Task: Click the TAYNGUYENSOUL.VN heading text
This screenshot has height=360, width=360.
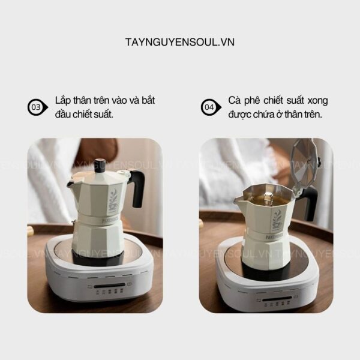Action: point(180,42)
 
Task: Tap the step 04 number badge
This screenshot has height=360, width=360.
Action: point(211,107)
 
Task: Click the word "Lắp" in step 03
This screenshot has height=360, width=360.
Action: point(62,101)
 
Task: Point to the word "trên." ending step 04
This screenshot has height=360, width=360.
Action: point(314,115)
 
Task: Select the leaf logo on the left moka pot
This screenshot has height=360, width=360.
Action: point(113,199)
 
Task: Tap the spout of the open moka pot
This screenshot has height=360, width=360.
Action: point(238,201)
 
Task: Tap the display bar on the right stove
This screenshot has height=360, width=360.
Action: point(277,299)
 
